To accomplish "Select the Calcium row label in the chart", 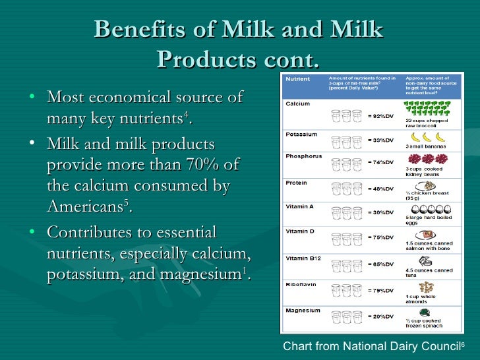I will [297, 104].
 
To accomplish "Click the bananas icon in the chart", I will [422, 136].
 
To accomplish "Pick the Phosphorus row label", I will [303, 156].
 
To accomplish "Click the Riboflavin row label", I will [301, 285].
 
